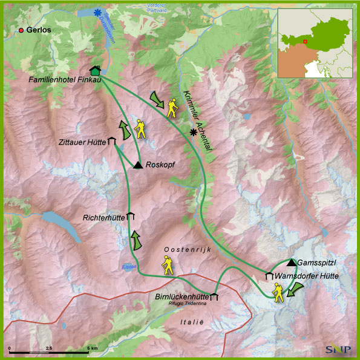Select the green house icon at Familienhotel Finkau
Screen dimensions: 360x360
95,71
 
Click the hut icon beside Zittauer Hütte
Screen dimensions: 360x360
111,142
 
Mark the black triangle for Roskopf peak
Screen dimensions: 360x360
138,165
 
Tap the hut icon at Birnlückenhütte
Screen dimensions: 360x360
214,296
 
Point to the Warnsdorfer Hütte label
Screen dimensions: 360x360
306,277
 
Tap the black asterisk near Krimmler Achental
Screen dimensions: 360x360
194,132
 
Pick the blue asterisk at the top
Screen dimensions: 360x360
97,11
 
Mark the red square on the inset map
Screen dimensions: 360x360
305,42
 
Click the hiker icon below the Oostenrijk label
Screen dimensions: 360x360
166,264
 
